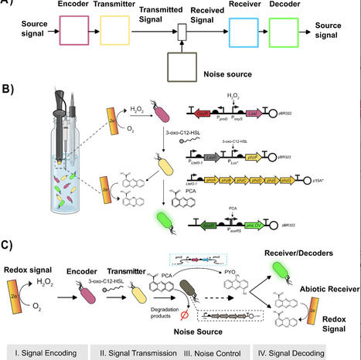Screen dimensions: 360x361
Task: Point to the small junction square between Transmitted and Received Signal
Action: (x=182, y=32)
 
